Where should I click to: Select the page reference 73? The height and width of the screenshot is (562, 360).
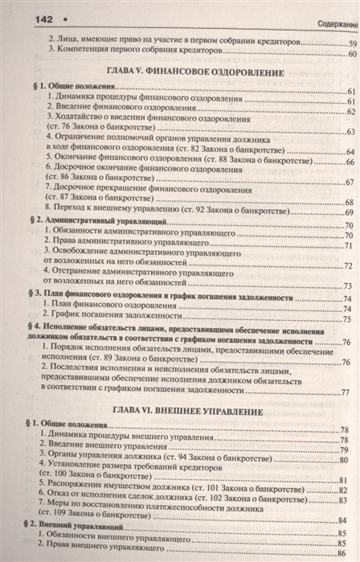[349, 285]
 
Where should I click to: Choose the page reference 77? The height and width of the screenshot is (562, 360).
[347, 392]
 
